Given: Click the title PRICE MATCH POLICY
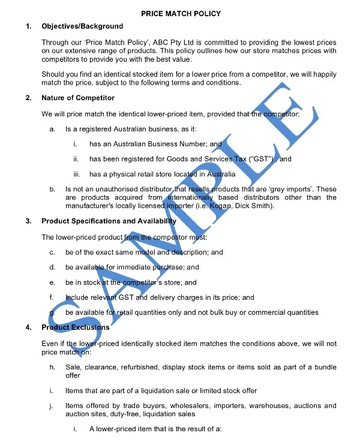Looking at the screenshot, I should coord(181,13).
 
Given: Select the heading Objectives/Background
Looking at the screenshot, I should coord(82,26).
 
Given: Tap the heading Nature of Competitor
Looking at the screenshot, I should coord(78,98).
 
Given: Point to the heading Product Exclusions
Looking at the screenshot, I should coord(76,327).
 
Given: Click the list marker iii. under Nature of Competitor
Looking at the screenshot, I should coord(77,174).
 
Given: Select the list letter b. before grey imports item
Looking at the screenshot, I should coord(53,190).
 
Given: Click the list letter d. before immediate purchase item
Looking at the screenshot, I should coord(53,267).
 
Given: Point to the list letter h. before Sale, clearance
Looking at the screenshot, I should coord(53,367).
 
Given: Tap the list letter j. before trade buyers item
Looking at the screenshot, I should coord(53,406).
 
